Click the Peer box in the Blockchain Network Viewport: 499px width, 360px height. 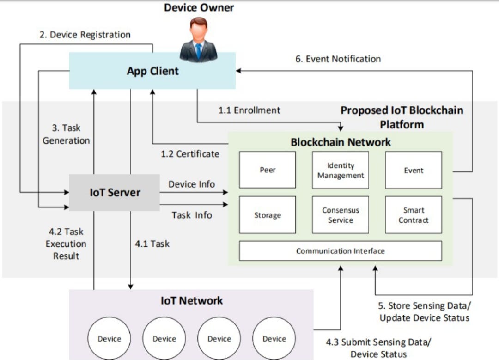pos(268,170)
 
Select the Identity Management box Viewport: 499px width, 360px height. pos(341,170)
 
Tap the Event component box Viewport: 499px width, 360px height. pos(413,170)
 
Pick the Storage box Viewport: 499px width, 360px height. pos(268,215)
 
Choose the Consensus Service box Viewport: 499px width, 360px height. pos(341,215)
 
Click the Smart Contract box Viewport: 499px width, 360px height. pos(413,215)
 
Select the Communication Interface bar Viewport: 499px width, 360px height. pos(341,251)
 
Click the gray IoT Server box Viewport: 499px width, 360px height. pos(115,192)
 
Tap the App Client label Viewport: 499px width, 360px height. pos(152,71)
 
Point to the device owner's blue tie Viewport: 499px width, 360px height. pos(199,51)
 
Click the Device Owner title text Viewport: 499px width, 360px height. pos(199,7)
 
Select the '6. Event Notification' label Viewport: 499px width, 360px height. pos(338,59)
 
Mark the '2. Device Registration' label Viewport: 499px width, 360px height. pos(85,35)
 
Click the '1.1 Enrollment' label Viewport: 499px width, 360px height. pos(249,110)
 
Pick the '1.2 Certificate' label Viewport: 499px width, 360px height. pos(190,154)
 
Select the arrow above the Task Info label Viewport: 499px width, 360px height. pos(194,204)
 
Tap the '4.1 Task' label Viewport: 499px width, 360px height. pos(152,244)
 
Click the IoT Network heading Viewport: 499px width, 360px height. pos(191,300)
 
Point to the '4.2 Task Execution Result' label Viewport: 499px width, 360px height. pos(66,244)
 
